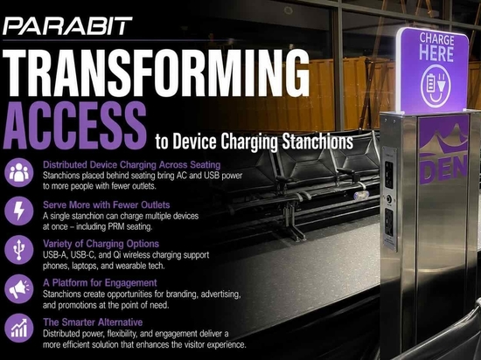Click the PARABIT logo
tap(67, 26)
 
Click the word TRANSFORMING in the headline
tap(157, 73)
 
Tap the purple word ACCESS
tap(74, 126)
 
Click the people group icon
tap(19, 172)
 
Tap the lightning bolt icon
tap(19, 211)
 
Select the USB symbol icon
tap(19, 250)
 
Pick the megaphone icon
tap(19, 288)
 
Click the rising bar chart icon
tap(19, 328)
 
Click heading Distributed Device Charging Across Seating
tap(131, 165)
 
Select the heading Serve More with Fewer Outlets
tap(106, 204)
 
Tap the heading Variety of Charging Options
tap(101, 244)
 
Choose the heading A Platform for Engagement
tap(100, 282)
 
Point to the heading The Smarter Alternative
tap(93, 322)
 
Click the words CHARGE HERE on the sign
tap(436, 47)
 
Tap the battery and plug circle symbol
tap(436, 87)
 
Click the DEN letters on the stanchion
tap(443, 169)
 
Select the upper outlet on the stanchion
tap(389, 175)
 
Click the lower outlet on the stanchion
tap(389, 223)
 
